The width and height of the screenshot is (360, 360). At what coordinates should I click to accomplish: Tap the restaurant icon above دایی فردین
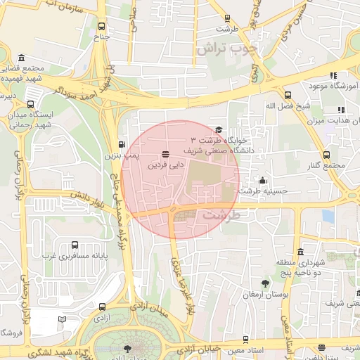coord(165,154)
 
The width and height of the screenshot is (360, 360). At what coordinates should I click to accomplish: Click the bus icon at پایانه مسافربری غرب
coord(75,246)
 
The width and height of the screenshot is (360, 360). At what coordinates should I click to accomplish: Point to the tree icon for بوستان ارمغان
coord(265,284)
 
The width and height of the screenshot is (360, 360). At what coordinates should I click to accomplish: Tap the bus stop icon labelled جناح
coord(103,25)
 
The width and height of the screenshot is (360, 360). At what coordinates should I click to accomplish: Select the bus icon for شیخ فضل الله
coord(288,96)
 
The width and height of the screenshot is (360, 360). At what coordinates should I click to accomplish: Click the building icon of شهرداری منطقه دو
coord(300,252)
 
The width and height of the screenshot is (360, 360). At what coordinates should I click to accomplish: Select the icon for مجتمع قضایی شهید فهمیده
coord(22,58)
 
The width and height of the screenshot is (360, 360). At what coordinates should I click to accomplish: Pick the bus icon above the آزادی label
coord(103,307)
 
